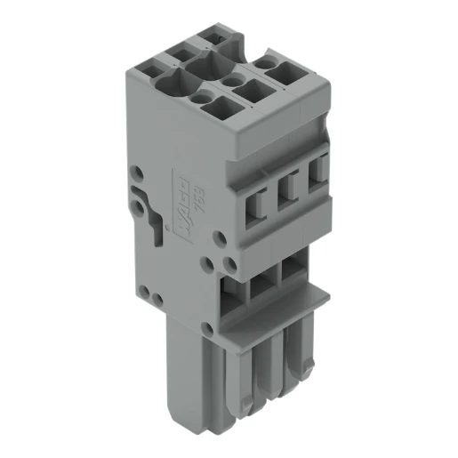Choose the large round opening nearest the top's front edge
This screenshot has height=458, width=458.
pos(169,83)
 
